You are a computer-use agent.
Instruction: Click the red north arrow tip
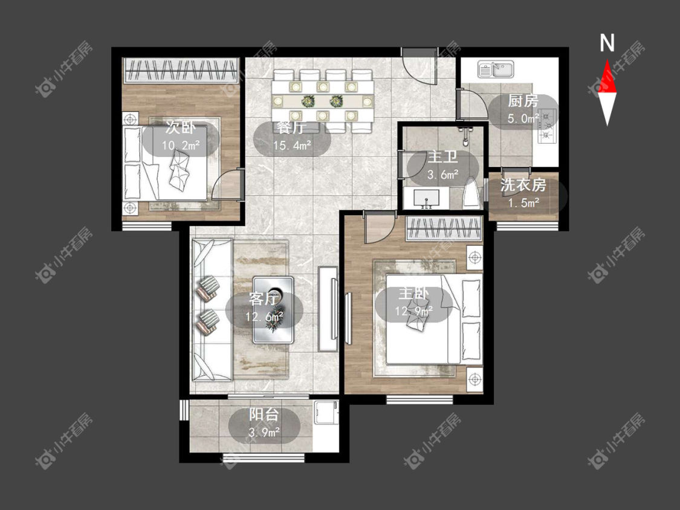click(x=607, y=60)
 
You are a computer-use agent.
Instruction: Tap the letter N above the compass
click(x=607, y=43)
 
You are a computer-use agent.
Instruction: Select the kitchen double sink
click(x=496, y=69)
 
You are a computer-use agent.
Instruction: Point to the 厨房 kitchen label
click(x=523, y=101)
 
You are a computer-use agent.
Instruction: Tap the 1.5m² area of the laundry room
click(x=523, y=202)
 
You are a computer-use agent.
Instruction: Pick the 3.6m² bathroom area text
click(x=443, y=175)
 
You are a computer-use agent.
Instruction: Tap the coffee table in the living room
click(x=273, y=309)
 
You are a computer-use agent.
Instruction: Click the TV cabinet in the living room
click(x=328, y=308)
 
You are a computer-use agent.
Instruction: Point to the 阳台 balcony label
click(x=264, y=415)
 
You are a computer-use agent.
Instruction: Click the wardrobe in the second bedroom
click(x=182, y=70)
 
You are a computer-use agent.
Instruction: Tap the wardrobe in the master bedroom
click(x=444, y=228)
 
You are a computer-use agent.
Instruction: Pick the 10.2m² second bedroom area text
click(x=181, y=145)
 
